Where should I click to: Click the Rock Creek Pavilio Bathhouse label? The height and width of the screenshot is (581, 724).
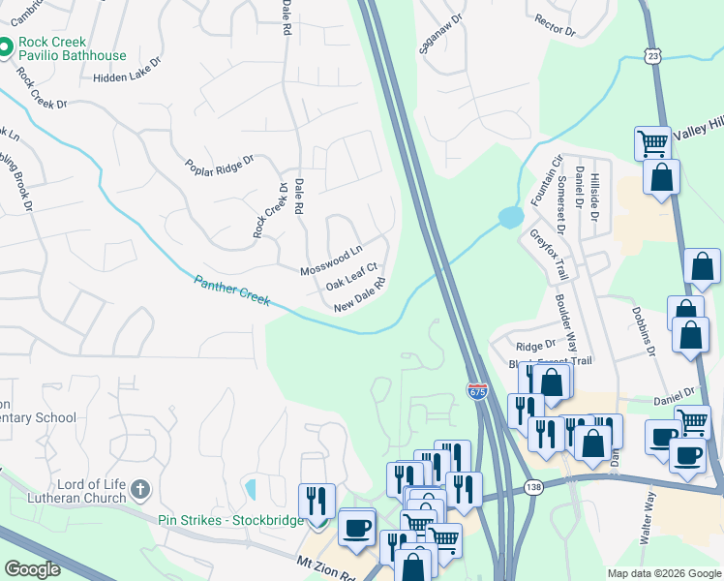pos(64,49)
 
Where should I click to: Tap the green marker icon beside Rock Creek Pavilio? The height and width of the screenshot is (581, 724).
pos(6,45)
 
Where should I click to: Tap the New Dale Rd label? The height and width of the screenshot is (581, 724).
pos(360,295)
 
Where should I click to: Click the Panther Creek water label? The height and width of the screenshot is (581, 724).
pos(231,290)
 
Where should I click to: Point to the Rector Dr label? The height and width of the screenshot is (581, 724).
pos(555,24)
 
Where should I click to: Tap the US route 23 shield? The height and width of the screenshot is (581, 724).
pos(654,56)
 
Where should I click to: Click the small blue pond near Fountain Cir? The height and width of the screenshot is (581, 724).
pos(510,218)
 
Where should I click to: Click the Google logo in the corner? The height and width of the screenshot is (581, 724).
pos(32,569)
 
